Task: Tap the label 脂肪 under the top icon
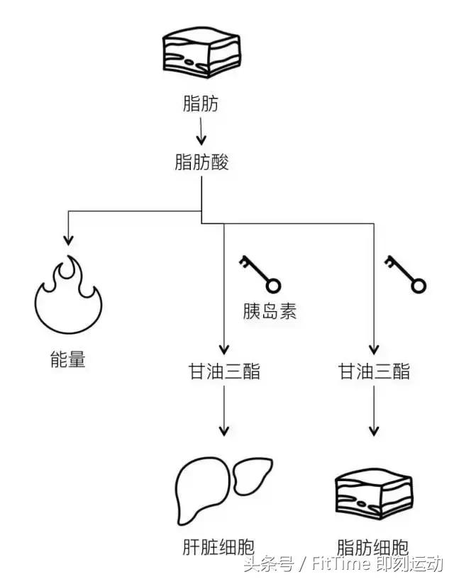pyautogui.click(x=201, y=105)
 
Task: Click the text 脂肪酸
pyautogui.click(x=201, y=162)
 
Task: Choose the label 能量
pyautogui.click(x=68, y=360)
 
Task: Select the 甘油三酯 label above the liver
pyautogui.click(x=223, y=371)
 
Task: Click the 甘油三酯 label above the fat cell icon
pyautogui.click(x=373, y=371)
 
